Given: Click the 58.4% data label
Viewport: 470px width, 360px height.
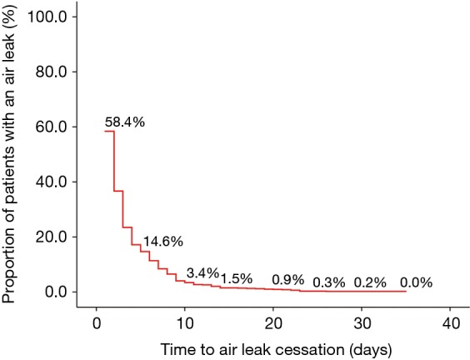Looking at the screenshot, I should tap(125, 122).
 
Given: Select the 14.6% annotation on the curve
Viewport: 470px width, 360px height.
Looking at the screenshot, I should tap(162, 242).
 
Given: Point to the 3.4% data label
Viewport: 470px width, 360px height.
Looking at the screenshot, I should tap(202, 272).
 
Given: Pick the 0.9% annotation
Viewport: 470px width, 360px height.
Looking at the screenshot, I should tap(288, 278).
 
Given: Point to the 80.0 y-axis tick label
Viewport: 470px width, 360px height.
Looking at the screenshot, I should tap(62, 72).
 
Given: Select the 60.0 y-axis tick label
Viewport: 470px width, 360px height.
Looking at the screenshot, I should tap(62, 127).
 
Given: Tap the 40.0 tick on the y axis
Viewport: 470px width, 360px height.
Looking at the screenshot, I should tap(62, 182).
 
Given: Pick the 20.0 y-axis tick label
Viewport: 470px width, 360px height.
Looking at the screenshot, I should tap(62, 237).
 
